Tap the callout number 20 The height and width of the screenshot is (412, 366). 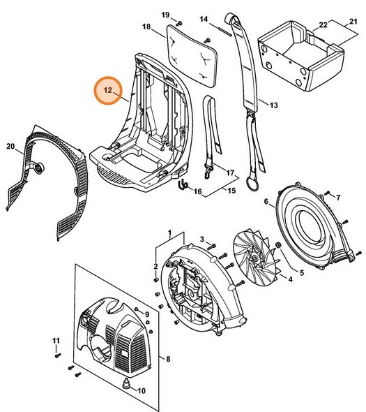(10, 146)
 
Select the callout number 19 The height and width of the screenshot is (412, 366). (166, 15)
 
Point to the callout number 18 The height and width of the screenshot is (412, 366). (146, 27)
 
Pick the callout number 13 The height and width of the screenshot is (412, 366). (273, 105)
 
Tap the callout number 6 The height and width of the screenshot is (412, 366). (266, 203)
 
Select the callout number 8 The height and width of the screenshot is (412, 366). (167, 359)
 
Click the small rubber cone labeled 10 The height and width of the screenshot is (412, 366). (125, 384)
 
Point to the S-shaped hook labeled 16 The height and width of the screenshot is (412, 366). (183, 185)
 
